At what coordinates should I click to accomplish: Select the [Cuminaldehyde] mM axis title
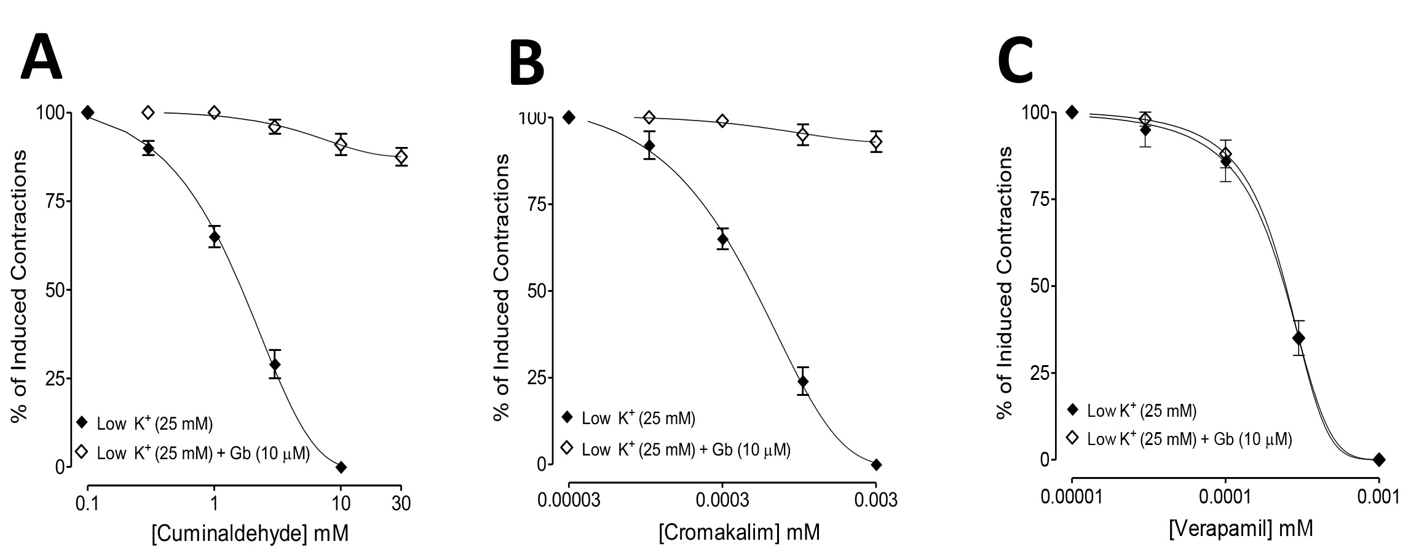click(250, 533)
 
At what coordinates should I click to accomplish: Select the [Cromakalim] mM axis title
click(739, 531)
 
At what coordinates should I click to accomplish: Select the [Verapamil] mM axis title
click(1241, 528)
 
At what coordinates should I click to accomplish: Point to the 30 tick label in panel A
click(401, 503)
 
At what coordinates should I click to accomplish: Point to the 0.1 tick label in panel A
click(88, 503)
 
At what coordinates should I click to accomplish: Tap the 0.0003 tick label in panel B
click(723, 499)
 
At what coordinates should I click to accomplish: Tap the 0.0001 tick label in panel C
click(1225, 495)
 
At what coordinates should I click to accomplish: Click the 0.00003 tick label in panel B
click(569, 499)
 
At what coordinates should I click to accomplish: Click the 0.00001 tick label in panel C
click(1072, 495)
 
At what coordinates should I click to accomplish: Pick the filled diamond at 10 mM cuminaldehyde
click(341, 467)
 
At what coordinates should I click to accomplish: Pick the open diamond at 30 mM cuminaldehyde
click(401, 157)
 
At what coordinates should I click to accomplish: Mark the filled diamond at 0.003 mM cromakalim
click(876, 465)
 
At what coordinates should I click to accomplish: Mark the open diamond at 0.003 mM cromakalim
click(876, 142)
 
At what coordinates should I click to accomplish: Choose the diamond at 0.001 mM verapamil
click(1379, 459)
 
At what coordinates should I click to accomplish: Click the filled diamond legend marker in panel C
click(1073, 409)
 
